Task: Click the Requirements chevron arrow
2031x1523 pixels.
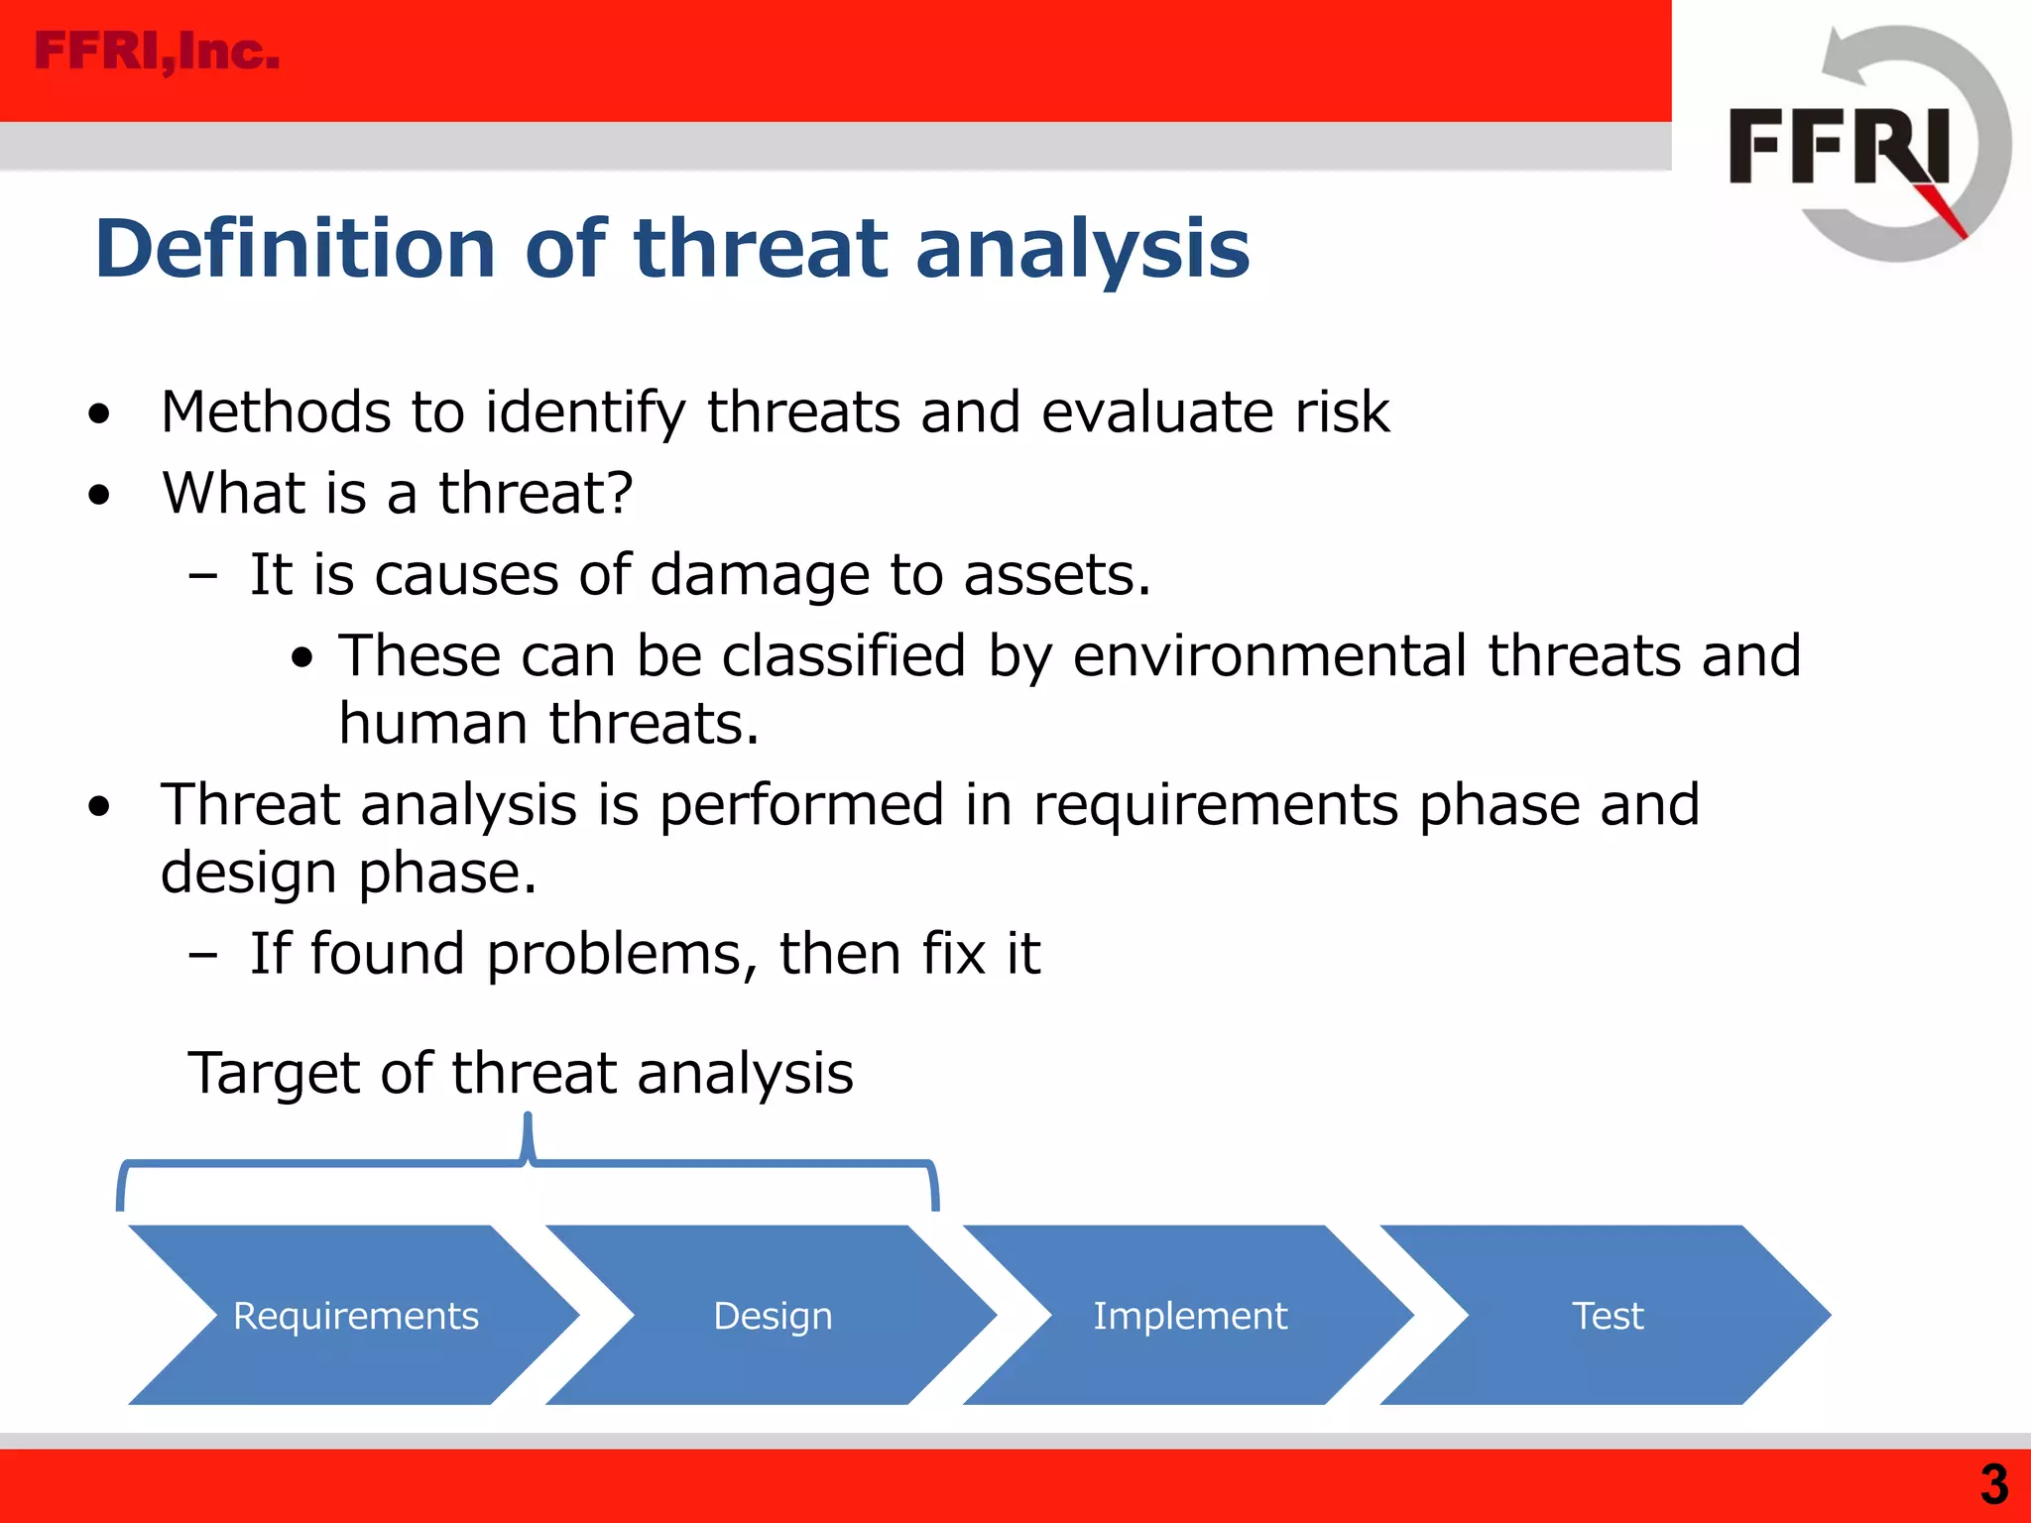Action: coord(355,1315)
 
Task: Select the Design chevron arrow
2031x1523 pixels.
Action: coord(773,1315)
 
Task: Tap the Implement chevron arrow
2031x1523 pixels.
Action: coord(1189,1315)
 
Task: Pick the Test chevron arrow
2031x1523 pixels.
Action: coord(1607,1315)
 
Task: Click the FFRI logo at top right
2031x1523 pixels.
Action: coord(1864,146)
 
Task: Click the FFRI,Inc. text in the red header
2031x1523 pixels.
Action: coord(157,52)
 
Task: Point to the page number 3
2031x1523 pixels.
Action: coord(1993,1484)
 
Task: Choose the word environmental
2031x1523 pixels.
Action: coord(1268,655)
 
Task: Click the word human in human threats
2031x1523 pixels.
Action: coord(433,724)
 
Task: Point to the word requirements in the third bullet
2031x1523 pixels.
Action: coord(1215,804)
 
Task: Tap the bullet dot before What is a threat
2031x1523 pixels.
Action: coord(98,494)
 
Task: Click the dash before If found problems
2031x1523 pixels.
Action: coord(203,955)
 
